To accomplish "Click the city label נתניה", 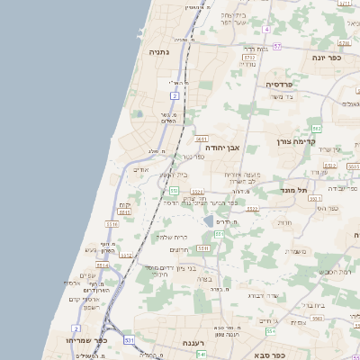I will (161, 53).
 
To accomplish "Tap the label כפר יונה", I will (332, 57).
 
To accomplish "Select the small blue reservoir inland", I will (209, 220).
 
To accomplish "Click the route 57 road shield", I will (278, 46).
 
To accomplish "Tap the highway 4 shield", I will (267, 30).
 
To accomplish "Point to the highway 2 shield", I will (174, 94).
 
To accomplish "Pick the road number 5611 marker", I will (202, 139).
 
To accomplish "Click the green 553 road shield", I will (174, 191).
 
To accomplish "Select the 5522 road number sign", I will (253, 209).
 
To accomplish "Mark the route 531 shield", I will (129, 341).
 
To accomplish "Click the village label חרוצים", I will (178, 249).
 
